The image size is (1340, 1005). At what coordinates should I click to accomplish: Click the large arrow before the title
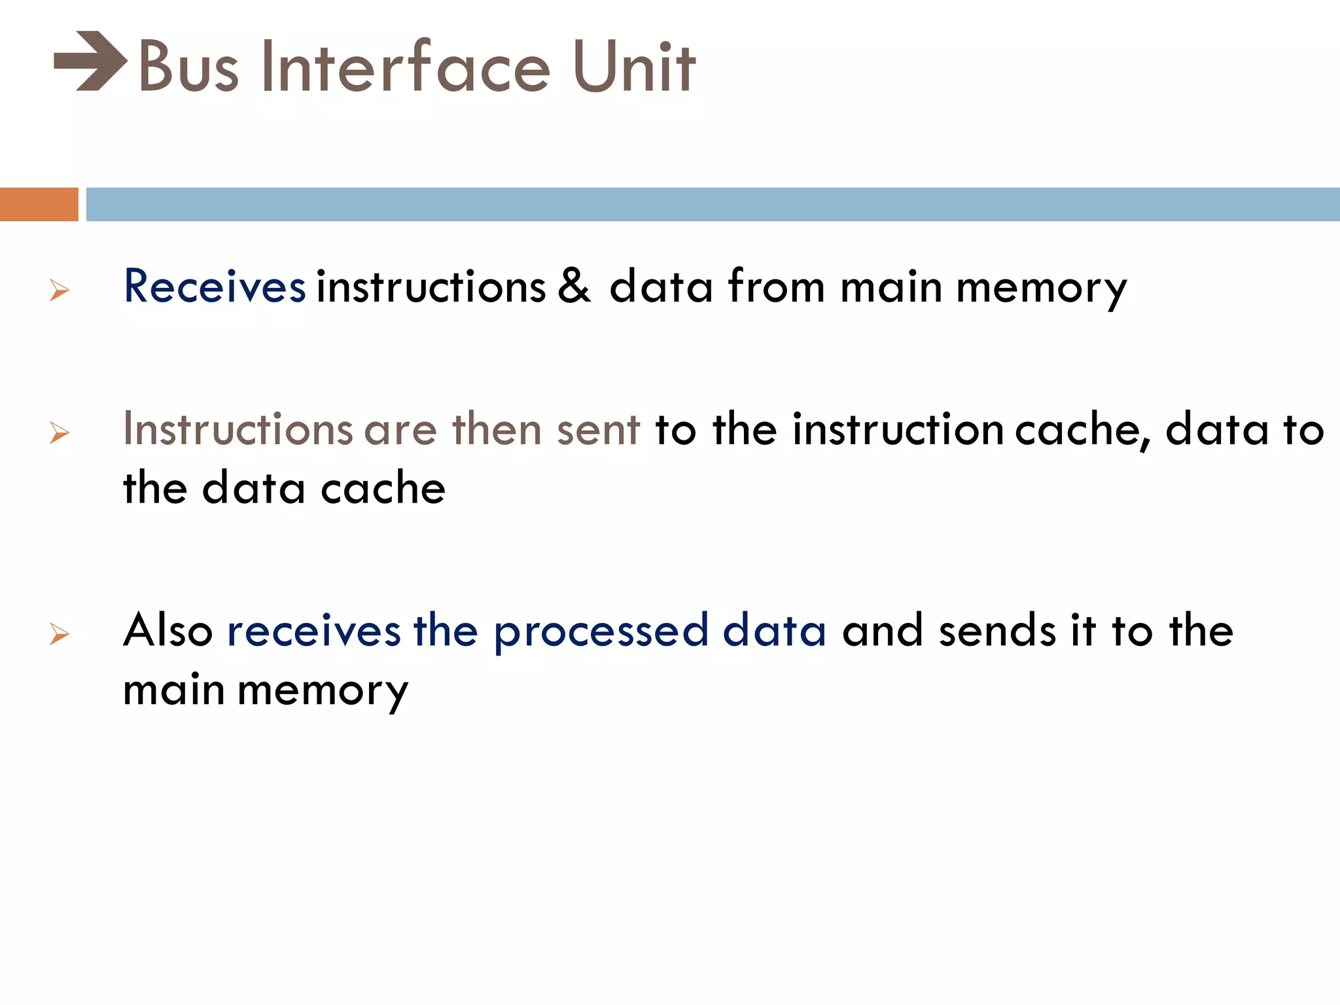(x=90, y=61)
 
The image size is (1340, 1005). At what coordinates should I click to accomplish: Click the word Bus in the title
(x=188, y=67)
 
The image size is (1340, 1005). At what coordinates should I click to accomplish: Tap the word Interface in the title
(x=405, y=67)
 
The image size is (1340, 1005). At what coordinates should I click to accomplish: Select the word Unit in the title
(x=633, y=67)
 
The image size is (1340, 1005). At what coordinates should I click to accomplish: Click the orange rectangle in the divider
(x=39, y=204)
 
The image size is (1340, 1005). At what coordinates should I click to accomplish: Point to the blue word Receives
(x=215, y=287)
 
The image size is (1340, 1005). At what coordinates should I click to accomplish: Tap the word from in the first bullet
(x=777, y=287)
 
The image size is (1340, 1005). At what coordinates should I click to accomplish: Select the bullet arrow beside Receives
(x=60, y=290)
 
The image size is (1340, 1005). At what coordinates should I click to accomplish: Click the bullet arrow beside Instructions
(x=60, y=432)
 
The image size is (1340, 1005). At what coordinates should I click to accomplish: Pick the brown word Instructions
(x=238, y=430)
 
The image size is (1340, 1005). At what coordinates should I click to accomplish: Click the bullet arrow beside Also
(x=60, y=634)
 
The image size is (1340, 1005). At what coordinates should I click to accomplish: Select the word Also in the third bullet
(x=168, y=631)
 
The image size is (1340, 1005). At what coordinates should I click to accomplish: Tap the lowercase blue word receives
(x=314, y=632)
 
